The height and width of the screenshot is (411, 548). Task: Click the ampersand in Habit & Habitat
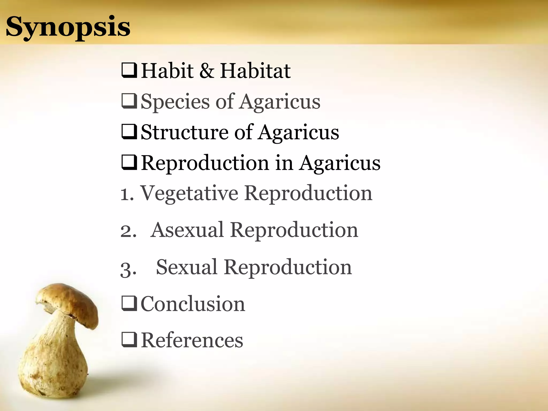(x=207, y=71)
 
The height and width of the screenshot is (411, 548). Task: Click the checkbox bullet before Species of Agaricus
(x=129, y=101)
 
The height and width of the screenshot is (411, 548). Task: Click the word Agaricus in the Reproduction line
(x=340, y=163)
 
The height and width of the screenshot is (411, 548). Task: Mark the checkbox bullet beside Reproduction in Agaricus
(x=129, y=162)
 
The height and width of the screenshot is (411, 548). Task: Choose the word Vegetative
(x=189, y=193)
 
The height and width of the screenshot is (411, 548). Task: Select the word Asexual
(x=187, y=230)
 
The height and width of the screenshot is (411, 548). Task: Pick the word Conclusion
(x=193, y=304)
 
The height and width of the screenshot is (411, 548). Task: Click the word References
(x=192, y=340)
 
